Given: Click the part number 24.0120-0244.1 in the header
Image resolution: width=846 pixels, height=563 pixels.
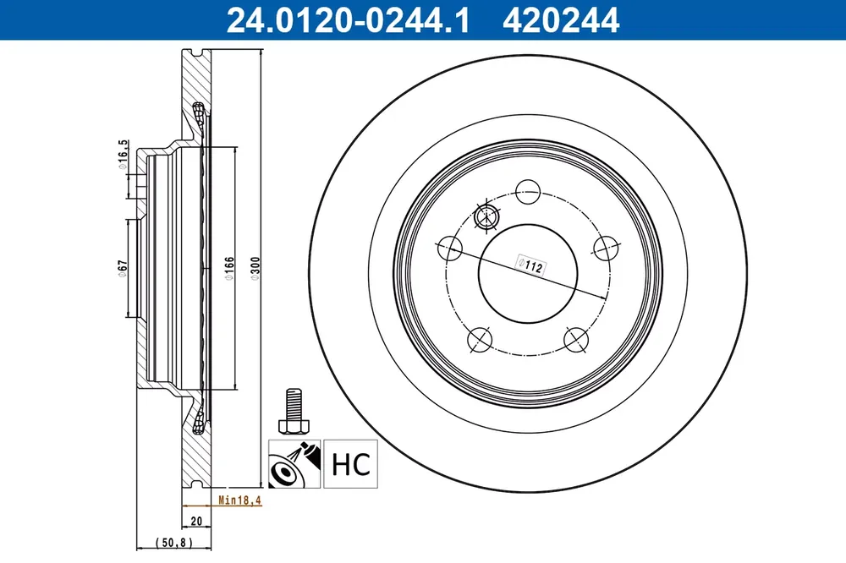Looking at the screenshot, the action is (348, 20).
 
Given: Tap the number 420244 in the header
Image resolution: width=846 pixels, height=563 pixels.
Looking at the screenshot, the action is (561, 20).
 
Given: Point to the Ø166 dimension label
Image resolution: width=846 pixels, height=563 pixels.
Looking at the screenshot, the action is (229, 268).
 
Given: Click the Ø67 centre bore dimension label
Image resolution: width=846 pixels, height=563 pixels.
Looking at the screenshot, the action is (123, 268).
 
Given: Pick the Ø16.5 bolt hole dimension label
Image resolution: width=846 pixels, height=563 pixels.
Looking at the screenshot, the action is (123, 155).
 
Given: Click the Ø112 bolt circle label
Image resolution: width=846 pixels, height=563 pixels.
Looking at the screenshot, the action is (531, 265).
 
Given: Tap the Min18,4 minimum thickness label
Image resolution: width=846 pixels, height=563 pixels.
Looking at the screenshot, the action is (239, 500).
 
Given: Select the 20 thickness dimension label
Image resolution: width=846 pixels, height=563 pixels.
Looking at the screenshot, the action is (196, 521).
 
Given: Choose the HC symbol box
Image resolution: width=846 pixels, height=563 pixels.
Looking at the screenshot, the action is (351, 464).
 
